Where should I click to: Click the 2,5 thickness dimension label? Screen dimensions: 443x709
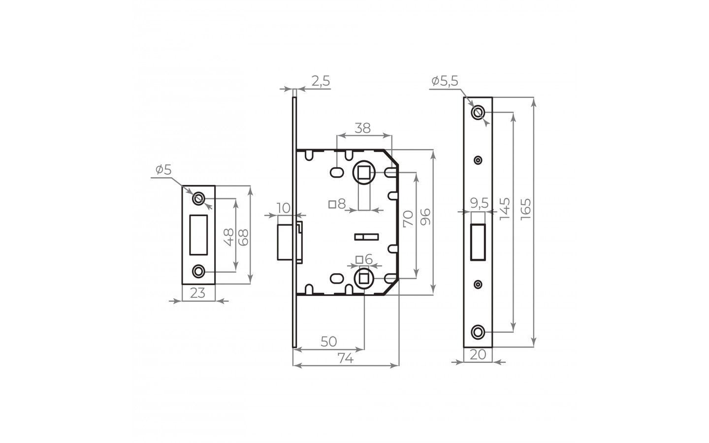pos(321,81)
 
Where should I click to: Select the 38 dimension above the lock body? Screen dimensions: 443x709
pos(363,128)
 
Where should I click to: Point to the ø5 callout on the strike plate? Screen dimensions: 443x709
pos(163,170)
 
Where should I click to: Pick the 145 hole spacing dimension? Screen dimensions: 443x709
pos(504,209)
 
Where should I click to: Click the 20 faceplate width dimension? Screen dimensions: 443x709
pos(478,355)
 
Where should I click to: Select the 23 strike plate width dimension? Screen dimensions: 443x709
pos(197,293)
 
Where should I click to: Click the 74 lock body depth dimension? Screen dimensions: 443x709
pos(346,359)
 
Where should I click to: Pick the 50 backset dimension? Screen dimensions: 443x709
pos(328,342)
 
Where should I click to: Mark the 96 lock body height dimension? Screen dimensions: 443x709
pos(425,217)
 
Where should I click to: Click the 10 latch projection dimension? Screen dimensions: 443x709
pos(284,208)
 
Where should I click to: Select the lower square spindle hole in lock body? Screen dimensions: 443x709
pos(364,278)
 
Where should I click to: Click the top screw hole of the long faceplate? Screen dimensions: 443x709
pos(477,113)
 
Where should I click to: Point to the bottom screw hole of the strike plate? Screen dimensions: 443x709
pos(199,271)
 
